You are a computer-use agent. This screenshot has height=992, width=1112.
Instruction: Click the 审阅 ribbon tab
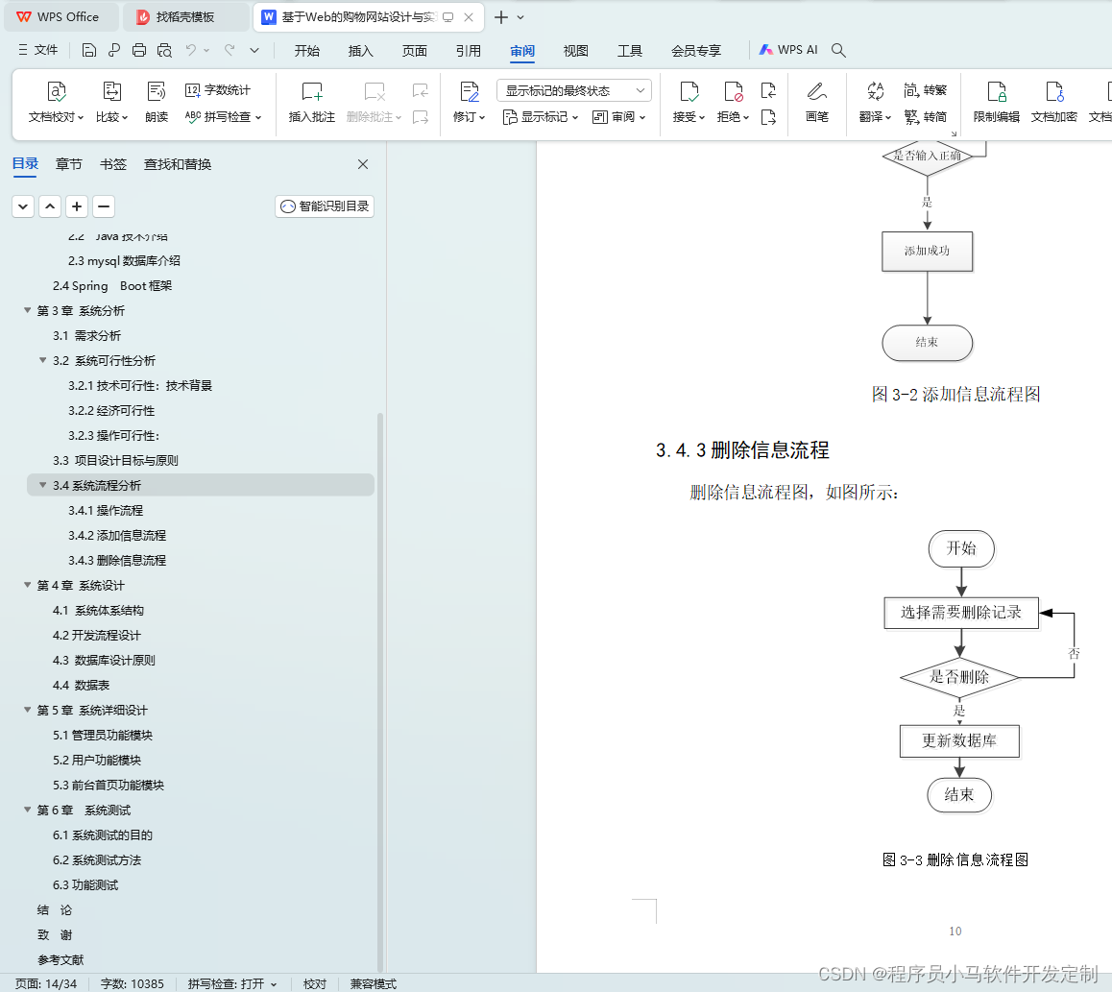[x=522, y=50]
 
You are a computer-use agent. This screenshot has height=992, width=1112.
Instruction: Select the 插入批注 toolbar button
[x=311, y=102]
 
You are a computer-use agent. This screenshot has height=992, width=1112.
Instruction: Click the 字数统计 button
[x=218, y=90]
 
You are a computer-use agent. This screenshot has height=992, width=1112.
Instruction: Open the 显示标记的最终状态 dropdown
[x=573, y=91]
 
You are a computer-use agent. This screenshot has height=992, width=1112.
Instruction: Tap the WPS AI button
[x=787, y=50]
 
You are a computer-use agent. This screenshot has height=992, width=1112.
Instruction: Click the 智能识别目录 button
[x=325, y=206]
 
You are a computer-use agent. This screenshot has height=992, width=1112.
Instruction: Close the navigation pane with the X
[x=362, y=164]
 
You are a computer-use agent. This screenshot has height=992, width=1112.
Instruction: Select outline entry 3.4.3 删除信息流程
[x=117, y=560]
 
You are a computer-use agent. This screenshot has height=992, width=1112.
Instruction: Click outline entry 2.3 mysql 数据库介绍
[x=124, y=261]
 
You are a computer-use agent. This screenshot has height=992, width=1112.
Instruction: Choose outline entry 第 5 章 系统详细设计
[x=92, y=710]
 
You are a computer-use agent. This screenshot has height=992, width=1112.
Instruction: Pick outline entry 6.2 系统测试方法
[x=96, y=860]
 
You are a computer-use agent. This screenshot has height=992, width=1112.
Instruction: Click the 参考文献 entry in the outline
[x=60, y=960]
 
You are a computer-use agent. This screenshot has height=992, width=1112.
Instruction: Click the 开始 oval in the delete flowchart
[x=961, y=548]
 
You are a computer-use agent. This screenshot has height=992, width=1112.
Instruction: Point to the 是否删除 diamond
[x=958, y=677]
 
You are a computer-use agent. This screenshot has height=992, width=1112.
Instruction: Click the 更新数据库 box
[x=958, y=741]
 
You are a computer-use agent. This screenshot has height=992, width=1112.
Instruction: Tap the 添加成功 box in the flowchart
[x=927, y=251]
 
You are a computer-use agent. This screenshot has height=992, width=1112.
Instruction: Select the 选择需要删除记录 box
[x=961, y=613]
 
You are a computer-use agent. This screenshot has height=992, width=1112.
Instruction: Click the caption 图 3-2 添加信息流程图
[x=955, y=395]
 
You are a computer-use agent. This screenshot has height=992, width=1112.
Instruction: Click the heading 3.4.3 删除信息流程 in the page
[x=742, y=450]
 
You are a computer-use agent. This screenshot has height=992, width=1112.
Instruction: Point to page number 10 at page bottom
[x=955, y=931]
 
